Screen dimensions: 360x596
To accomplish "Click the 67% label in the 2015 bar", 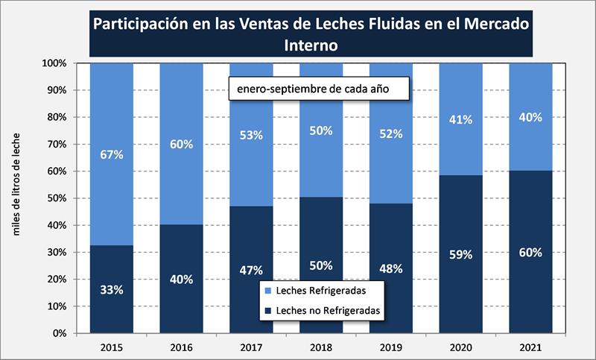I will [112, 155].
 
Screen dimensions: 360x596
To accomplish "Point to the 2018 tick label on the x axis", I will [321, 347].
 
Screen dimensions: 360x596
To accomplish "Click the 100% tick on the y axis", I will [57, 63].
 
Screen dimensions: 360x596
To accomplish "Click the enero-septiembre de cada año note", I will [320, 89].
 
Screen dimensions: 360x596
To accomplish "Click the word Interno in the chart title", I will [311, 45].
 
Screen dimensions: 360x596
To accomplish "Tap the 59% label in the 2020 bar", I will [461, 255].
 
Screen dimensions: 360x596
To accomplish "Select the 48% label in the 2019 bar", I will [391, 268].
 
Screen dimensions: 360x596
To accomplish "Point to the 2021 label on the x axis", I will [530, 347].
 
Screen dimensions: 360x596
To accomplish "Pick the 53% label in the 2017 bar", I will [252, 134].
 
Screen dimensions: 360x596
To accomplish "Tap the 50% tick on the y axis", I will [58, 198].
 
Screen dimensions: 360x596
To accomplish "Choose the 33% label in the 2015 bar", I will [112, 288].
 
